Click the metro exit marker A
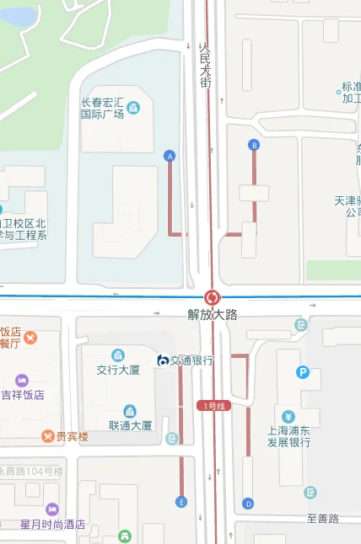170,156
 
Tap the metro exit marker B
253,146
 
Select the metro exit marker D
247,504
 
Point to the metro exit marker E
180,503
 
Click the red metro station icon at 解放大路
212,297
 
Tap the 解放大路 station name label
212,314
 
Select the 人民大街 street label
204,66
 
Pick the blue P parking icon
302,372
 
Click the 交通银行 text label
192,360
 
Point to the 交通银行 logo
163,360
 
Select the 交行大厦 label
118,370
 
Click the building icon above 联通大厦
129,411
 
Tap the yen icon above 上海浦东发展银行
288,416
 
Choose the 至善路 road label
322,519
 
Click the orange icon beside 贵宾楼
48,435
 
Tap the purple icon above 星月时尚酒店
52,509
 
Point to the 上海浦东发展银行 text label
288,435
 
